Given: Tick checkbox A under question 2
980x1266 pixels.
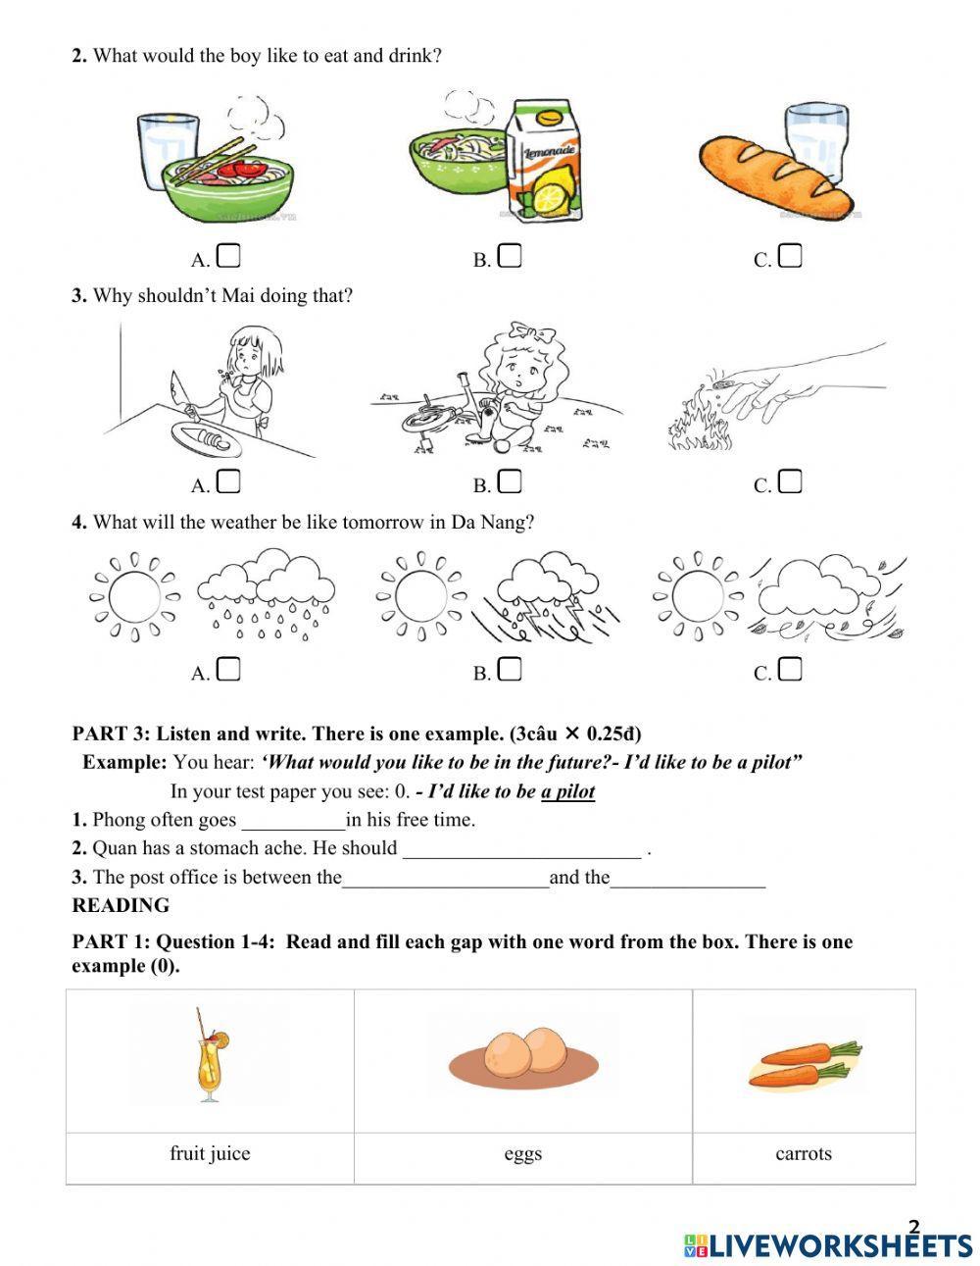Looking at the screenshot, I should (228, 256).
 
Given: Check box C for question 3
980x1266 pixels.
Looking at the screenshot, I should (791, 481).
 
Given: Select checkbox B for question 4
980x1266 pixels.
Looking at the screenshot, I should (510, 670).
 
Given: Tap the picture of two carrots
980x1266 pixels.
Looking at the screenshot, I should (804, 1063).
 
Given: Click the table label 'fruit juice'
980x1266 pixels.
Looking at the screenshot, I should (210, 1153).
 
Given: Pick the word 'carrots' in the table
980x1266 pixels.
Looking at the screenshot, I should (804, 1153).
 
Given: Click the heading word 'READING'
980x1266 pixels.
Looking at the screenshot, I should (121, 905).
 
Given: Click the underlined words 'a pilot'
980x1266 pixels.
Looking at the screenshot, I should (567, 791).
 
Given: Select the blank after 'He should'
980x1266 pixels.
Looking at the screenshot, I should (521, 848).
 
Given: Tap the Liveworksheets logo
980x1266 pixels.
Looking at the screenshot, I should (828, 1243).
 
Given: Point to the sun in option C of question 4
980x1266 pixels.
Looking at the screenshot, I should (698, 595).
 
